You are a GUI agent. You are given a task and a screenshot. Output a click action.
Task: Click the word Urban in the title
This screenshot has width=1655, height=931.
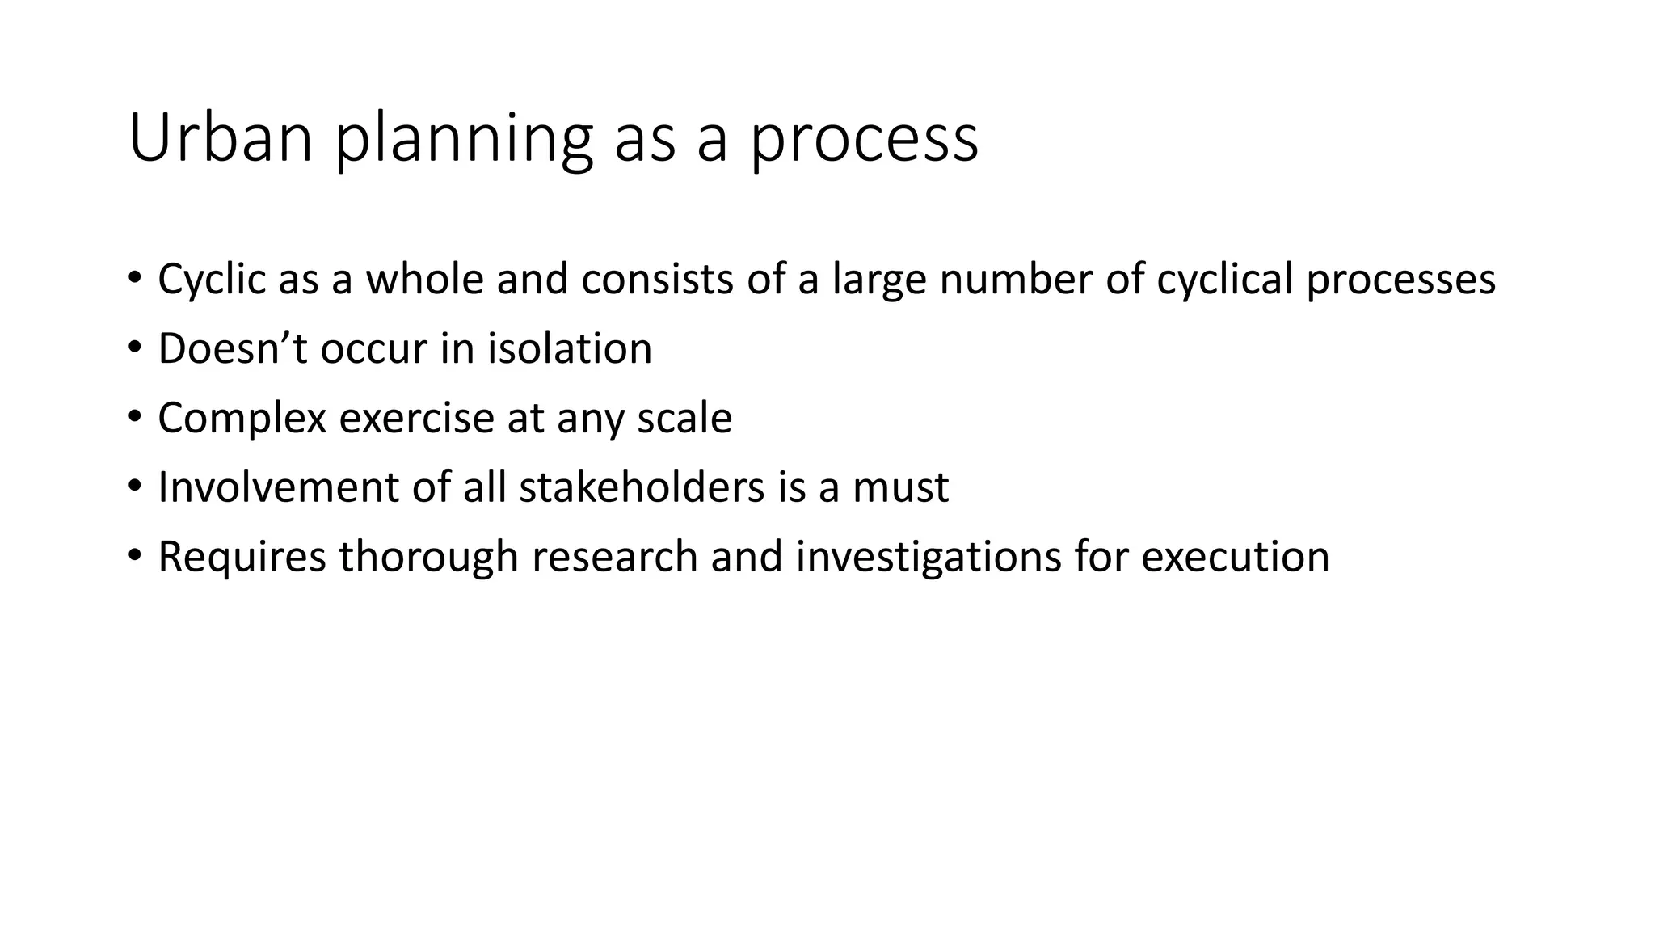(x=220, y=138)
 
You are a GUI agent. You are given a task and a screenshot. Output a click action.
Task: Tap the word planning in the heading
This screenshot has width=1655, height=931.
(x=464, y=138)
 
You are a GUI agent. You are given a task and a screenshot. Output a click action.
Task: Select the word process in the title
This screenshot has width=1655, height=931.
(x=864, y=138)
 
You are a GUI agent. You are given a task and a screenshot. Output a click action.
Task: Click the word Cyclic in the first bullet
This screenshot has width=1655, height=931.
(x=212, y=280)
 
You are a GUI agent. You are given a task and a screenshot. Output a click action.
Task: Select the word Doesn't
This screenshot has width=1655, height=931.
(x=233, y=349)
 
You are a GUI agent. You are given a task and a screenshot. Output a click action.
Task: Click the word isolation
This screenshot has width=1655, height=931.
(x=569, y=349)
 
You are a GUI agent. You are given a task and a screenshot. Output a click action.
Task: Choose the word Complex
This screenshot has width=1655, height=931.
(x=242, y=419)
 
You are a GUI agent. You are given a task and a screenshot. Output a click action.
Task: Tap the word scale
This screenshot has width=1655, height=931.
(x=684, y=419)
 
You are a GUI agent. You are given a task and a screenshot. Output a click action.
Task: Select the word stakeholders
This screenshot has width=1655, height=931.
(x=642, y=488)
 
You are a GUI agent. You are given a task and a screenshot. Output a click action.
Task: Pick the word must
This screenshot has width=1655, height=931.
(x=900, y=488)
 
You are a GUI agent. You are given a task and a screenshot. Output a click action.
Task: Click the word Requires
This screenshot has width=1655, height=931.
(x=242, y=558)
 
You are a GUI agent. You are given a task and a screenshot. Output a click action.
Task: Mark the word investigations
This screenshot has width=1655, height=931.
(x=928, y=558)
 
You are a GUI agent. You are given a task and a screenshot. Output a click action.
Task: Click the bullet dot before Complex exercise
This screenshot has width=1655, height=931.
(x=134, y=417)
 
